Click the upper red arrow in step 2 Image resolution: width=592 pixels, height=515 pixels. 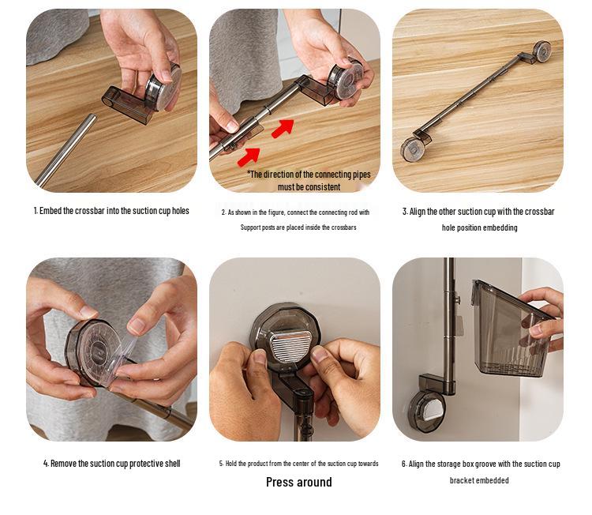coord(283,128)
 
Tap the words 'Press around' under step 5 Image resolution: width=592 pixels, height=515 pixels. coord(299,482)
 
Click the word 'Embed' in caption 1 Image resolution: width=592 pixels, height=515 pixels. coord(51,211)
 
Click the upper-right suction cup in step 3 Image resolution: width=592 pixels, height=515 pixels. coord(541,51)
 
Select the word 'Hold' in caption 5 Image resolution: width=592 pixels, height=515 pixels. coord(230,464)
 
